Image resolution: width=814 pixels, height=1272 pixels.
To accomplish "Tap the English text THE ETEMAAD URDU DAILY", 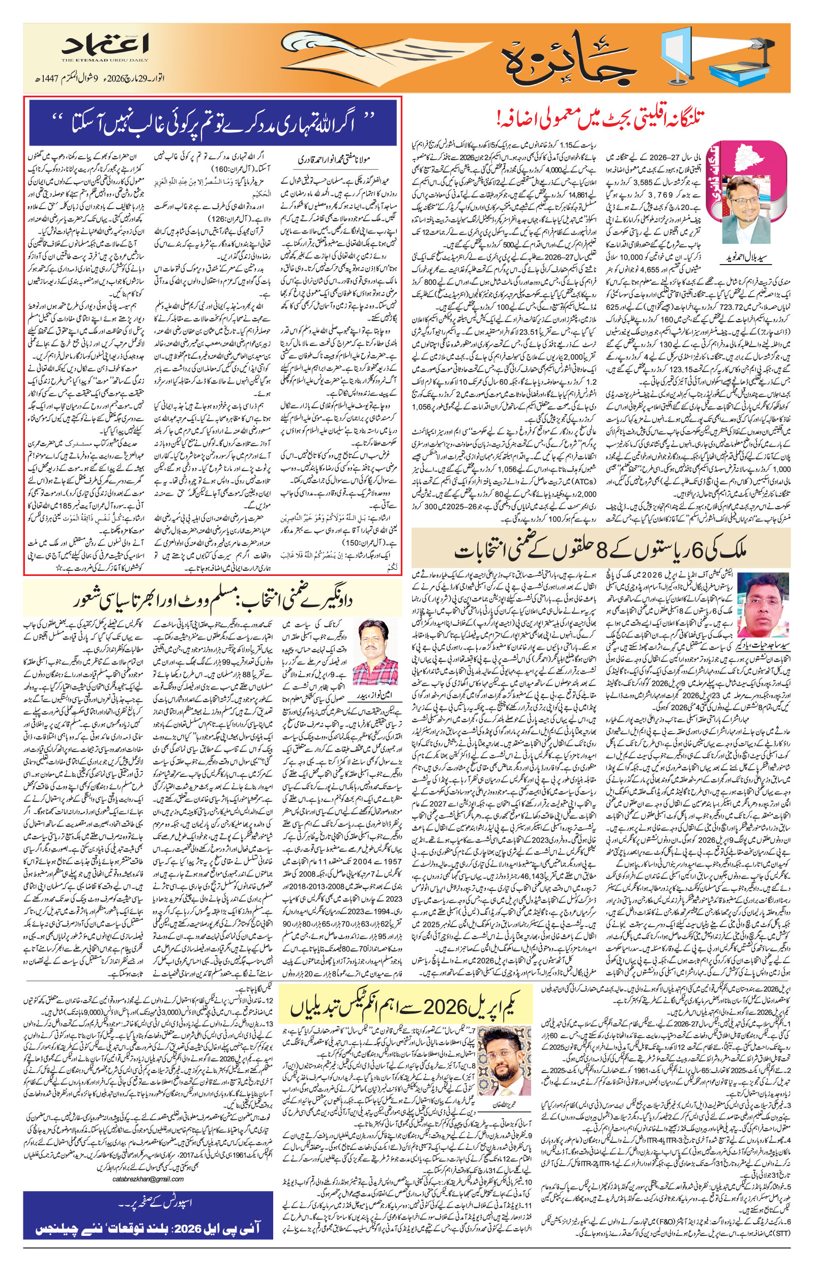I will click(x=106, y=60).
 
